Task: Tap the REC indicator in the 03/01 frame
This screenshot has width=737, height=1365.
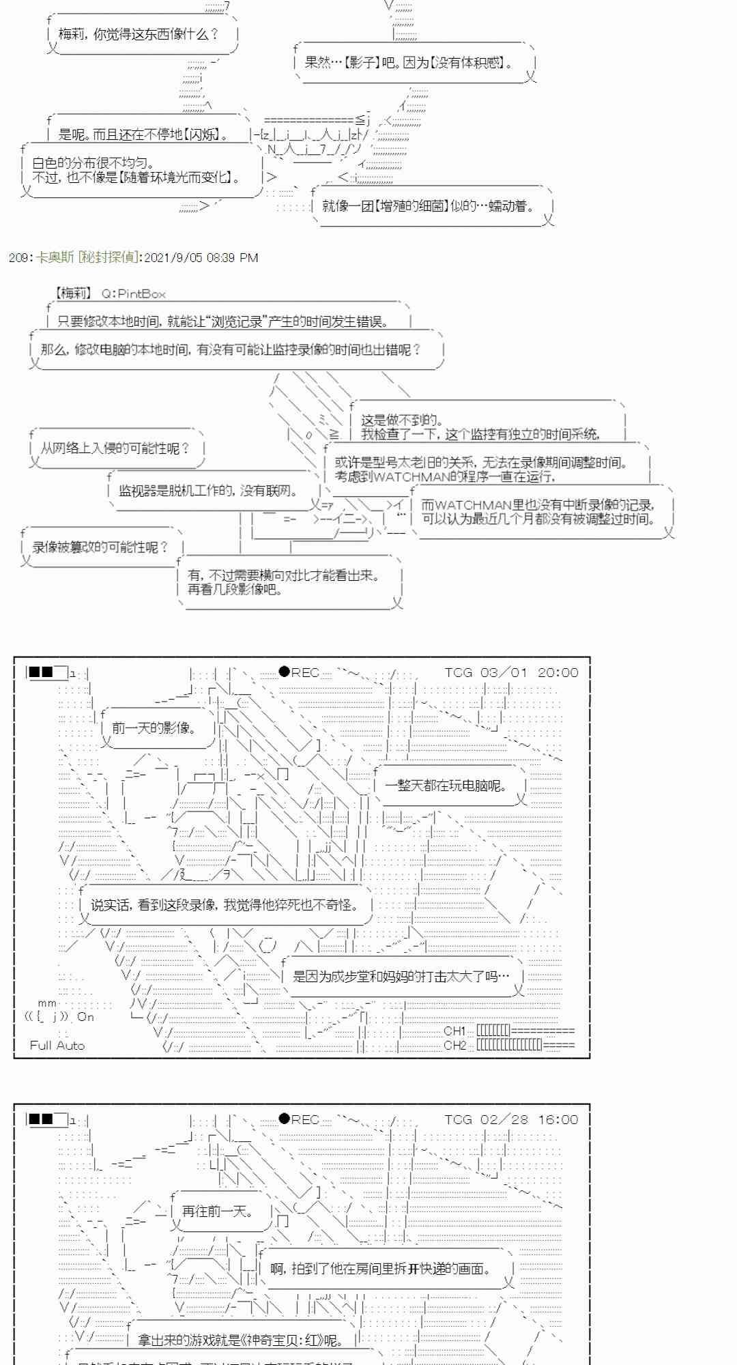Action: [x=300, y=672]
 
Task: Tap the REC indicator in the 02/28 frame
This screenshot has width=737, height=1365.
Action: [x=300, y=1119]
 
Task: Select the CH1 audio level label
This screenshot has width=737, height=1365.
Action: [x=454, y=1031]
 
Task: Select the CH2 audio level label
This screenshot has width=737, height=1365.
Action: [x=454, y=1045]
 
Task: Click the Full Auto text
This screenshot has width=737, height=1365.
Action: [x=57, y=1045]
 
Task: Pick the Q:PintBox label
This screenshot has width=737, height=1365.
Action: [x=134, y=293]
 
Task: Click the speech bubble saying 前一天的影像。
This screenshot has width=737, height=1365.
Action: [x=154, y=728]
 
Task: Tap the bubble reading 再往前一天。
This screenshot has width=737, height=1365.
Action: [x=218, y=1211]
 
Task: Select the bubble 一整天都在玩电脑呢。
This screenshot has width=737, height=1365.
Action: [x=446, y=786]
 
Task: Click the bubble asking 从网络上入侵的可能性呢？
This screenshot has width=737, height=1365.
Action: [x=115, y=448]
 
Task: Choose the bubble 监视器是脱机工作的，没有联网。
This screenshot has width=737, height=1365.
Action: [x=208, y=490]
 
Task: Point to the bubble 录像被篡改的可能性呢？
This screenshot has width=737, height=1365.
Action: [x=100, y=547]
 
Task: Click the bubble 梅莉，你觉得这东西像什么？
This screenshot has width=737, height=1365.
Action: [x=139, y=34]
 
